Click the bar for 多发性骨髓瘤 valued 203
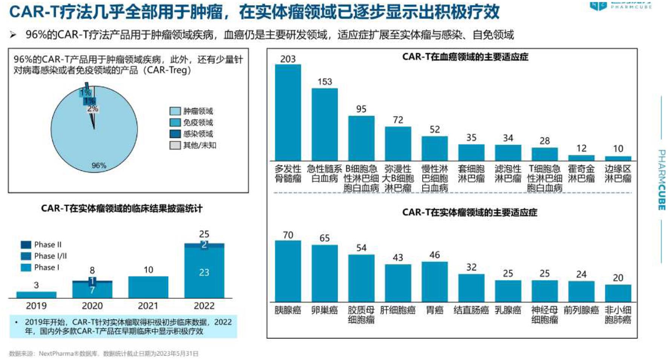[x=288, y=112]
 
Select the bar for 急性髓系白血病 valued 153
[x=324, y=124]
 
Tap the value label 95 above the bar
[x=361, y=109]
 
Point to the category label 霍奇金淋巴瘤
[x=581, y=173]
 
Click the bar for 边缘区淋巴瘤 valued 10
[x=617, y=158]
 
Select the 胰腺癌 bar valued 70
[x=288, y=271]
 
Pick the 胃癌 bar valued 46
[x=434, y=281]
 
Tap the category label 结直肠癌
[x=471, y=310]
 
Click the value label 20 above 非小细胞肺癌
[x=617, y=278]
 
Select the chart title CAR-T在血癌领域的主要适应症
[x=465, y=57]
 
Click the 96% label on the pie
[x=99, y=165]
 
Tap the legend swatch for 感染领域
[x=175, y=134]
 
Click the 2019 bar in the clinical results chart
[x=36, y=294]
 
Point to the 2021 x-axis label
[x=148, y=306]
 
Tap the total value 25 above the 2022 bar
[x=204, y=234]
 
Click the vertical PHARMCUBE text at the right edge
[x=661, y=179]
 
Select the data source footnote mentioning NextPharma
[x=104, y=354]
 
